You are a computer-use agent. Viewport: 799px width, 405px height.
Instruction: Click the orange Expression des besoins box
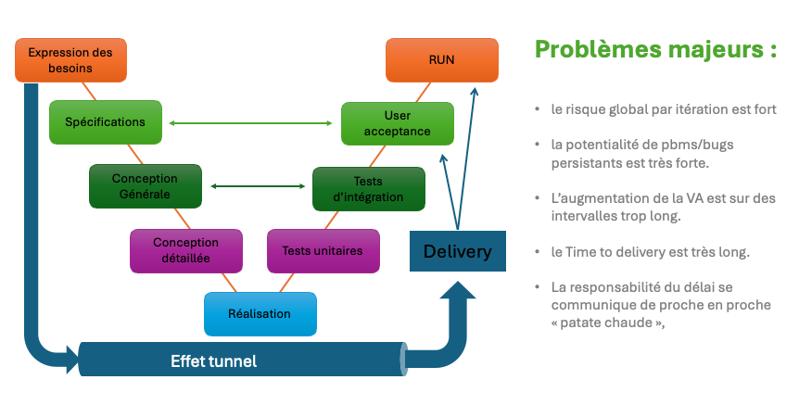click(70, 60)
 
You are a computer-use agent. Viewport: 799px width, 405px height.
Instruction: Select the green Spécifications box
click(105, 122)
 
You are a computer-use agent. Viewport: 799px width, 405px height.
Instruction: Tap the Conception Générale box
click(145, 185)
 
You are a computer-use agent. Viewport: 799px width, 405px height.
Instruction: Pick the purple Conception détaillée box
click(186, 250)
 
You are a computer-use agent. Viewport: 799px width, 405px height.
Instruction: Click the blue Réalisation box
click(260, 314)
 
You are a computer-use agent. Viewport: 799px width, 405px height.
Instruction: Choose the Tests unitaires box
click(323, 250)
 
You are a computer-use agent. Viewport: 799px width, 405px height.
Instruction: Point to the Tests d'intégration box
click(368, 189)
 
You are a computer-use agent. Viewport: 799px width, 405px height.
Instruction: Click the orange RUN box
click(441, 60)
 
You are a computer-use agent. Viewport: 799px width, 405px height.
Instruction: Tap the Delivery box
click(458, 251)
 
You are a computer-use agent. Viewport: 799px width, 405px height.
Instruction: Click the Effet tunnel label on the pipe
click(214, 361)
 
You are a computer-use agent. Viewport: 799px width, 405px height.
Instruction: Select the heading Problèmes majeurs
click(655, 49)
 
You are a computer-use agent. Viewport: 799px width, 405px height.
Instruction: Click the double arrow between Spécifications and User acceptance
click(251, 123)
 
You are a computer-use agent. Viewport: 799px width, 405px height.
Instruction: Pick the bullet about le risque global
click(663, 109)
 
